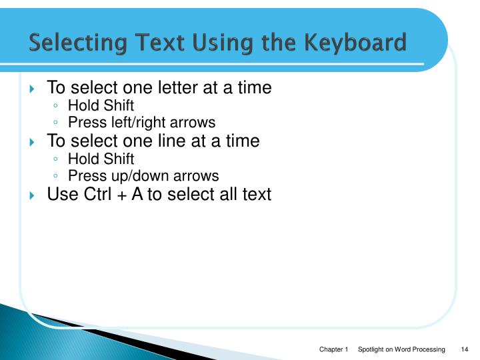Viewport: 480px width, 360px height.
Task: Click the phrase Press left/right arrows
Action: point(141,123)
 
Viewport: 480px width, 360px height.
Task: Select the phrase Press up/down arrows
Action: point(143,176)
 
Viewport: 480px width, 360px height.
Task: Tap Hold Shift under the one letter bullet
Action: point(101,105)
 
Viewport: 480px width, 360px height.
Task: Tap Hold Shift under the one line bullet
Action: point(101,159)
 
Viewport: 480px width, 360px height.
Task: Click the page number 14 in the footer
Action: point(465,350)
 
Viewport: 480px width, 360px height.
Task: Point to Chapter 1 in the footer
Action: point(334,350)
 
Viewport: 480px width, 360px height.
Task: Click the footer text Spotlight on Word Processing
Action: point(401,350)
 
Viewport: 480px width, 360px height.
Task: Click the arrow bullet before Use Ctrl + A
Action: point(33,195)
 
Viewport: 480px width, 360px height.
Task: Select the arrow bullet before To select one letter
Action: point(33,88)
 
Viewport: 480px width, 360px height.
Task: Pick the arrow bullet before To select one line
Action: point(33,141)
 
